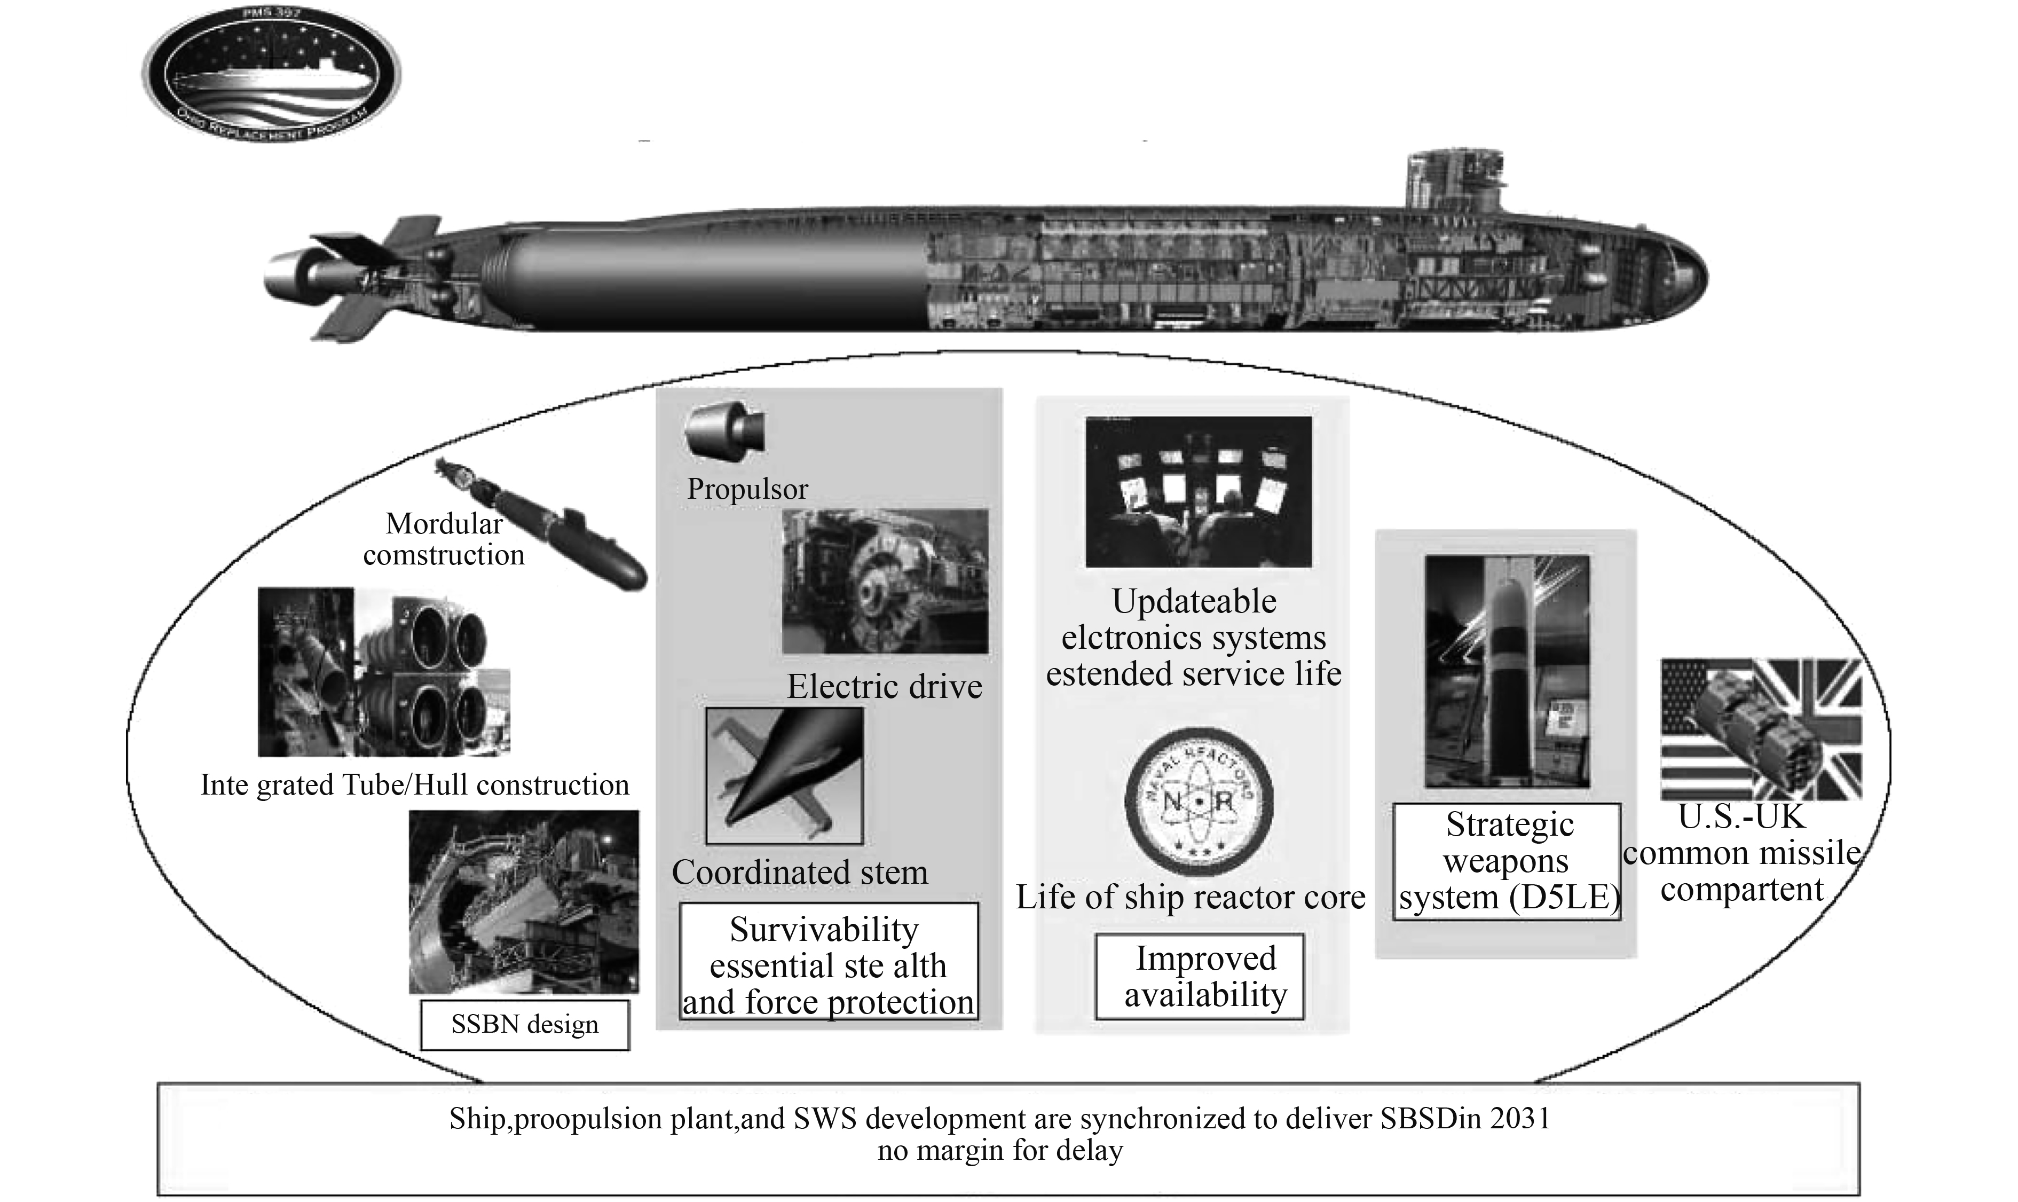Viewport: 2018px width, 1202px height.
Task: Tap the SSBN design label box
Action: pos(525,1025)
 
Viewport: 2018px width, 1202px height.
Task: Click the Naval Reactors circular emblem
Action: pos(1199,801)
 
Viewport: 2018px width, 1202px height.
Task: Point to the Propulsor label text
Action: pos(747,489)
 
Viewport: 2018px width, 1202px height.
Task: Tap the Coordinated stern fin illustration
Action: pos(784,776)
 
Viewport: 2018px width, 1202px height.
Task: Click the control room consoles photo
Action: pos(1197,491)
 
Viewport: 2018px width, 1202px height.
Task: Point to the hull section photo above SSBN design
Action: pos(523,901)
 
